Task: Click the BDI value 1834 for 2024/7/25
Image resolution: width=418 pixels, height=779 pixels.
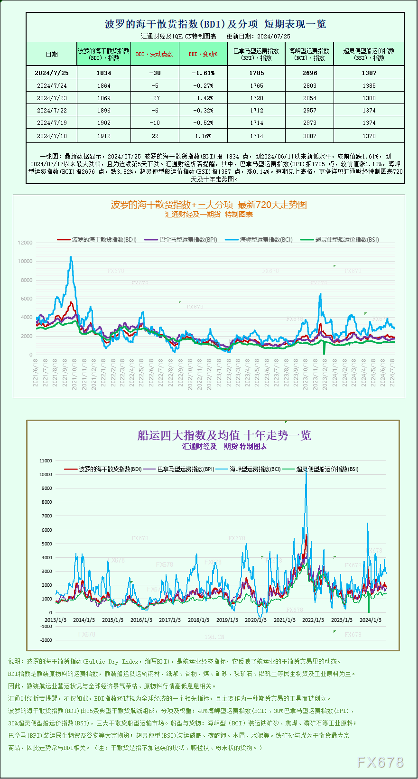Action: pyautogui.click(x=104, y=73)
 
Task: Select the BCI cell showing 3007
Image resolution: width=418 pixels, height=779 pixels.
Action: pyautogui.click(x=309, y=136)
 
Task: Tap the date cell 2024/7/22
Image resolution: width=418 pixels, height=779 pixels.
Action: pyautogui.click(x=52, y=111)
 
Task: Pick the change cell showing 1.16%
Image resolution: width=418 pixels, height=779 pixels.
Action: pyautogui.click(x=203, y=136)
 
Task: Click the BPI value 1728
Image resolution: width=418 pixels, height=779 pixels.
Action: pyautogui.click(x=256, y=98)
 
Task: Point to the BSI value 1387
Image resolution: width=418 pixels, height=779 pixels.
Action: pyautogui.click(x=369, y=73)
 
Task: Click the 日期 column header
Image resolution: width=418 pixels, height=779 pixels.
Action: pyautogui.click(x=52, y=54)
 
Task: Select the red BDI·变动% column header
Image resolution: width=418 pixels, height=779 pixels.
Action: pyautogui.click(x=203, y=54)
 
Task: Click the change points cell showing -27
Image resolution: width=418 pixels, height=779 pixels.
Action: pyautogui.click(x=155, y=98)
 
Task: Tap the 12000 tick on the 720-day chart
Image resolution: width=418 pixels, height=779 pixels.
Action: pyautogui.click(x=25, y=243)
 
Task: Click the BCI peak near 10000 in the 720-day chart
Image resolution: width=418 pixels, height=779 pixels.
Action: pyautogui.click(x=71, y=257)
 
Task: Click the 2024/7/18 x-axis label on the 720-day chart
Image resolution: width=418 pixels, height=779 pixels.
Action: pyautogui.click(x=392, y=372)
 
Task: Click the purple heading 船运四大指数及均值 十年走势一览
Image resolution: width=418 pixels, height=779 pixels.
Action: pyautogui.click(x=224, y=435)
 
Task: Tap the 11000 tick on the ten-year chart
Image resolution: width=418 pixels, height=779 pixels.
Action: pyautogui.click(x=46, y=461)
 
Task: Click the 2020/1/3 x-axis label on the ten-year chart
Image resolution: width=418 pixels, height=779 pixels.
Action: pyautogui.click(x=256, y=620)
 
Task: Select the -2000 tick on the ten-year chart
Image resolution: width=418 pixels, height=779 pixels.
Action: pyautogui.click(x=46, y=640)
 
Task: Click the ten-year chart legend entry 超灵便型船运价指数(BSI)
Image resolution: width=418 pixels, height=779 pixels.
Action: pyautogui.click(x=327, y=469)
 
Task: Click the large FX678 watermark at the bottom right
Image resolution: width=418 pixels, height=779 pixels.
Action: pyautogui.click(x=380, y=762)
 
